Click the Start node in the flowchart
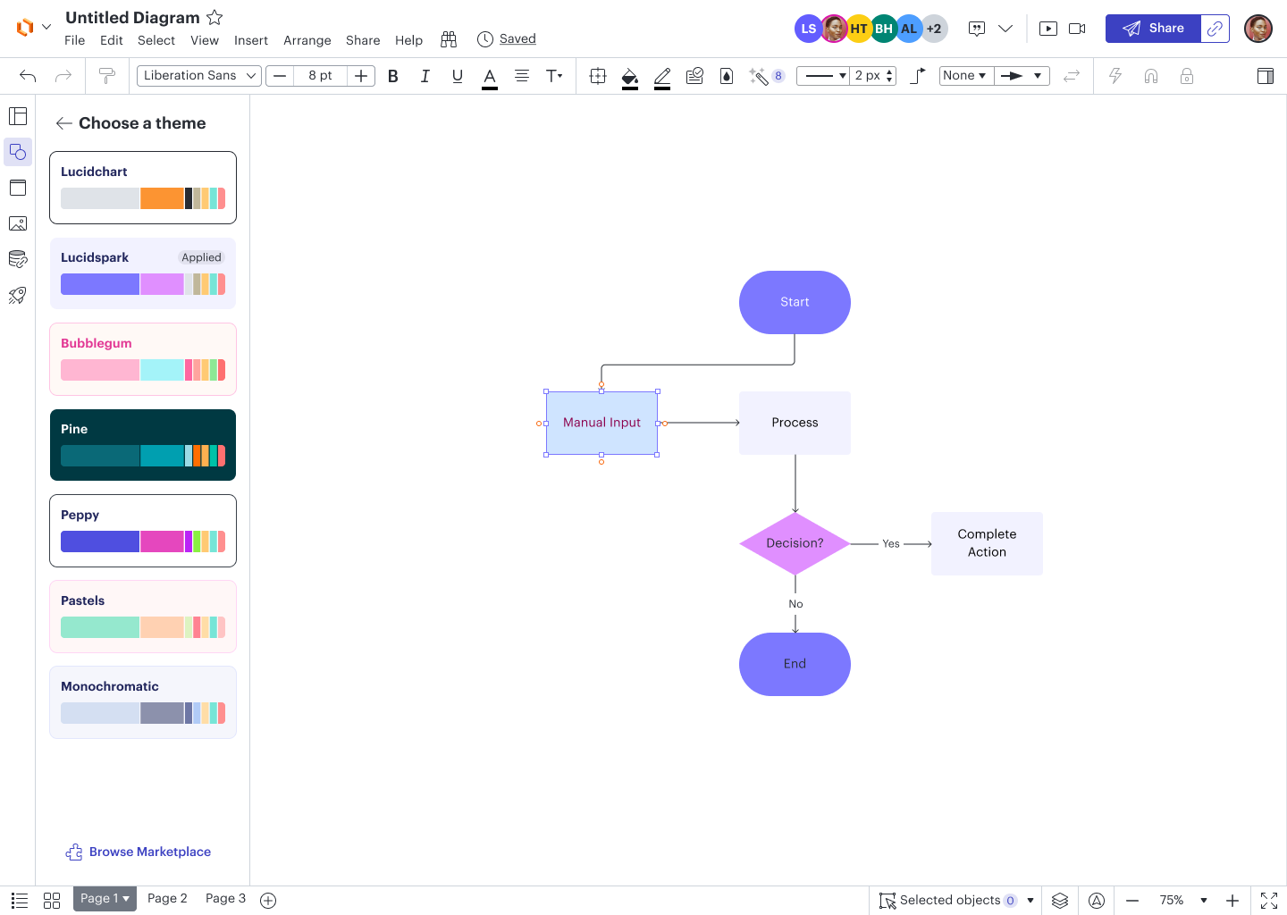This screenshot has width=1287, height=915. point(795,302)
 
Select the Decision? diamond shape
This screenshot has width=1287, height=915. point(795,543)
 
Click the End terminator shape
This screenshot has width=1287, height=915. point(795,664)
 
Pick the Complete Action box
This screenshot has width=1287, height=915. point(987,543)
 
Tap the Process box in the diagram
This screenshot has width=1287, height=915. point(795,423)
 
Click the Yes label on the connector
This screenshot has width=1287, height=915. point(890,543)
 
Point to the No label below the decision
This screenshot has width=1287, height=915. point(795,604)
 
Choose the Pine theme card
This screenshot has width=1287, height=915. point(143,445)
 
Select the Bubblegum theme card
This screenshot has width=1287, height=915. point(143,359)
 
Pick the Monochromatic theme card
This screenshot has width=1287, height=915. point(143,702)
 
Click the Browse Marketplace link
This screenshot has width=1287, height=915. point(139,852)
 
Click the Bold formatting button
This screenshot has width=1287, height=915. point(393,76)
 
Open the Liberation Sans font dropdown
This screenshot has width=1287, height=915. point(198,76)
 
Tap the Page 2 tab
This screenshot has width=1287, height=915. point(167,898)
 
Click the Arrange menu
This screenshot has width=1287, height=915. point(307,40)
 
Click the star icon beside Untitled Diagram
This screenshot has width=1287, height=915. point(214,18)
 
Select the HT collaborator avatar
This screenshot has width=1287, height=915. point(858,29)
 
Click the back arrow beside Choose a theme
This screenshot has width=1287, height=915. point(63,123)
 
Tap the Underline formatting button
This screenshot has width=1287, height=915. point(458,76)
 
